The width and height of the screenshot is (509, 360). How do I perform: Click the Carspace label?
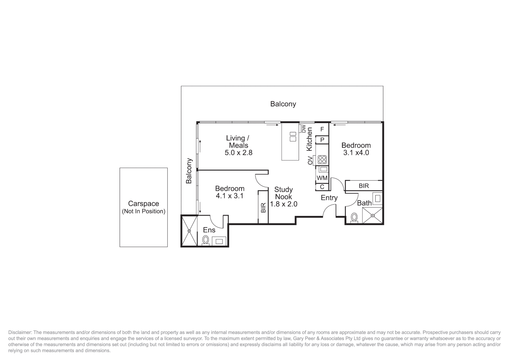143,204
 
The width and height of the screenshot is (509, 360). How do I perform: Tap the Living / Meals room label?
238,142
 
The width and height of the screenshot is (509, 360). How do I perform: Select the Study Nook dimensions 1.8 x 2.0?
283,204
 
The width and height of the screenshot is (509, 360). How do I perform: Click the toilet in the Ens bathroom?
206,240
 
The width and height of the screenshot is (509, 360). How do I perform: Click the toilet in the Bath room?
354,217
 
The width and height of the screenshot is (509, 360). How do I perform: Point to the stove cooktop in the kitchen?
322,160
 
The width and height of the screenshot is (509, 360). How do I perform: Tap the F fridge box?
322,129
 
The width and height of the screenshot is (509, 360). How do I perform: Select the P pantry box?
322,140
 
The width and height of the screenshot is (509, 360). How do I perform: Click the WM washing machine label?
322,178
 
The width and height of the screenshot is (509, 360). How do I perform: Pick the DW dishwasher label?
303,129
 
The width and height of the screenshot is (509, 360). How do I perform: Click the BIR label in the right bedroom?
364,186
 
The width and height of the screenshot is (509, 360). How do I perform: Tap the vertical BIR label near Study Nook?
263,208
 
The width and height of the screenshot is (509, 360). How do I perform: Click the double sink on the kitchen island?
293,137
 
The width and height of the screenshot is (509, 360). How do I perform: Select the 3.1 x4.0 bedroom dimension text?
356,153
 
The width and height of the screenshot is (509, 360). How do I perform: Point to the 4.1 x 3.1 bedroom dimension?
230,196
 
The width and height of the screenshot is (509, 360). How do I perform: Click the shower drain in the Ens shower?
189,230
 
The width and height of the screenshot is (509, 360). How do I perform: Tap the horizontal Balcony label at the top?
283,104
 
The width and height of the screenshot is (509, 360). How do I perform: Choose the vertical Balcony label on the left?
189,171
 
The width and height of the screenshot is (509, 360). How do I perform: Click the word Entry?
329,198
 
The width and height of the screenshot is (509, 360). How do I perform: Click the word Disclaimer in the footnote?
20,332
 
